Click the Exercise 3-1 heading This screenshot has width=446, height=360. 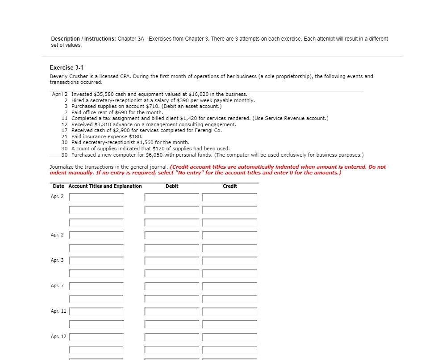coord(66,67)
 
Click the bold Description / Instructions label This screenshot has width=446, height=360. coord(83,39)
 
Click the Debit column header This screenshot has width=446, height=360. coord(172,186)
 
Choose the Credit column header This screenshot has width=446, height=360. coord(229,186)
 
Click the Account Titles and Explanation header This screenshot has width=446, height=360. coord(105,186)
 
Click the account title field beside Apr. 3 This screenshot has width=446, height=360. coord(96,261)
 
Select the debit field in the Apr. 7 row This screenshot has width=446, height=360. coord(172,286)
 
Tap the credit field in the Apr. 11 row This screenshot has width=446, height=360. coord(229,311)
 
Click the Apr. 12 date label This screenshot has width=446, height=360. coord(58,336)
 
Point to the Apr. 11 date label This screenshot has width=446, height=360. coord(58,311)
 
